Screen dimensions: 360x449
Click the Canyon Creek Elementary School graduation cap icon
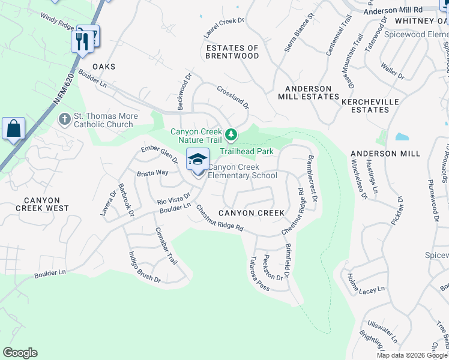197,160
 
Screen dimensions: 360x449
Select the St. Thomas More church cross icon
65,120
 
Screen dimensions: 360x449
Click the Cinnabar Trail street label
166,246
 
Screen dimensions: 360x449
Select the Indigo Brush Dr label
144,266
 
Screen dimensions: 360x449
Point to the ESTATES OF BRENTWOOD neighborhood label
232,52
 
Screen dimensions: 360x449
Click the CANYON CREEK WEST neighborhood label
43,204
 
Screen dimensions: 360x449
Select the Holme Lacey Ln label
366,283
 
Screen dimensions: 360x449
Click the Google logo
20,353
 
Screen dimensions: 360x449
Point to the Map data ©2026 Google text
411,355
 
